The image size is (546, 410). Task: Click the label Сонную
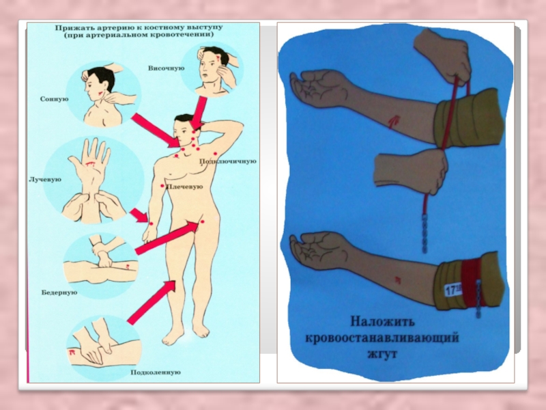(x=54, y=99)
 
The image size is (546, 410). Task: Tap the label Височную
(x=166, y=68)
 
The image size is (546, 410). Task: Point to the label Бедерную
(x=59, y=292)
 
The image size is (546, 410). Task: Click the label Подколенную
(x=156, y=372)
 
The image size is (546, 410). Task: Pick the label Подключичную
(x=228, y=161)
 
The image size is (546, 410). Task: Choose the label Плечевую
(x=184, y=187)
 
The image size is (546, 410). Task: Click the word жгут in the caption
(x=382, y=354)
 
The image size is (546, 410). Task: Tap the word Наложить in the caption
(x=382, y=321)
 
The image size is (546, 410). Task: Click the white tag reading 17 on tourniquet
(x=453, y=289)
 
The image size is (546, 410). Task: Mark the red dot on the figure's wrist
(x=151, y=223)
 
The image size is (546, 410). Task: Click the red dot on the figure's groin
(x=202, y=221)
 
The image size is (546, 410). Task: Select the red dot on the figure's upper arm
(x=162, y=186)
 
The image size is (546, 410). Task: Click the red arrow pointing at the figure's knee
(x=151, y=303)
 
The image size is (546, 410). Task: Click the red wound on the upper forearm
(x=394, y=122)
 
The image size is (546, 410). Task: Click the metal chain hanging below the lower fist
(x=425, y=234)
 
